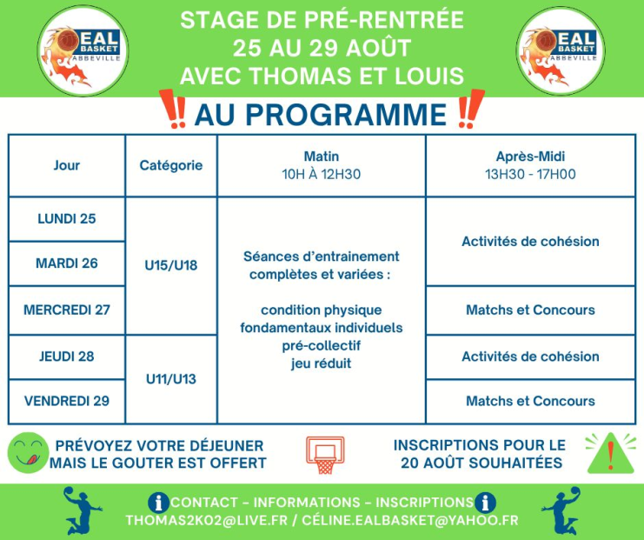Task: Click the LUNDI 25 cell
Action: pyautogui.click(x=67, y=218)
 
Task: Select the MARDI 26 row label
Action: pyautogui.click(x=67, y=263)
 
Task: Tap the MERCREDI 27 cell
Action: pyautogui.click(x=67, y=310)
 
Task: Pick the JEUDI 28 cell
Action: pyautogui.click(x=67, y=357)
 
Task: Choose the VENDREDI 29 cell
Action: pyautogui.click(x=67, y=401)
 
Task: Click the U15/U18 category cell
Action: pyautogui.click(x=171, y=265)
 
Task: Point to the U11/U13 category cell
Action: pyautogui.click(x=171, y=379)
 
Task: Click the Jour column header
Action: pyautogui.click(x=67, y=165)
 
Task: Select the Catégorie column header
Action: pyautogui.click(x=171, y=165)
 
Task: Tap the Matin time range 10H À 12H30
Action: pyautogui.click(x=322, y=174)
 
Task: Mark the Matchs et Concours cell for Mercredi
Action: pyautogui.click(x=531, y=310)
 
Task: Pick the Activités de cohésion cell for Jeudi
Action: pyautogui.click(x=531, y=357)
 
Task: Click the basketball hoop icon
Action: pyautogui.click(x=325, y=455)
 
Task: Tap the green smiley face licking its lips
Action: pyautogui.click(x=28, y=453)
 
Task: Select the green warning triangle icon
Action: pyautogui.click(x=611, y=453)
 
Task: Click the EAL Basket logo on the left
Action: pyautogui.click(x=83, y=51)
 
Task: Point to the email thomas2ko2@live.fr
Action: pyautogui.click(x=207, y=520)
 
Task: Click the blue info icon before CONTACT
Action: pyautogui.click(x=158, y=503)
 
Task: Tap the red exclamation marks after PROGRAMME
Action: pyautogui.click(x=471, y=109)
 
